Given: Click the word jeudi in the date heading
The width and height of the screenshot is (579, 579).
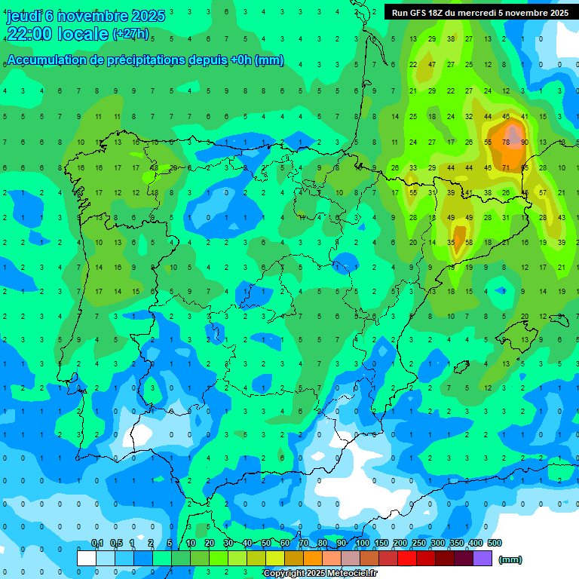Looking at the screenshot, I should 23,16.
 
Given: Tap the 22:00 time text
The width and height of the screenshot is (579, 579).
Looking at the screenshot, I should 29,34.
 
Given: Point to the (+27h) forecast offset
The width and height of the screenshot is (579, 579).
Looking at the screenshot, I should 130,34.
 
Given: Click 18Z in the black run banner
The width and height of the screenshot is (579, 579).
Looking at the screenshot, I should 437,13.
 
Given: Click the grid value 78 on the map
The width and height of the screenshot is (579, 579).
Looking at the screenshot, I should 506,142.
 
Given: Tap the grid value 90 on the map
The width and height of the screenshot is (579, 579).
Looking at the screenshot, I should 524,142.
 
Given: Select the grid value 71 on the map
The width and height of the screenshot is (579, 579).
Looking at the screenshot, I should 506,167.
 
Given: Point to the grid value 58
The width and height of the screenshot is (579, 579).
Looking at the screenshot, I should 469,243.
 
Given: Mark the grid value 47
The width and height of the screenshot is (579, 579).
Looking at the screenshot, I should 432,65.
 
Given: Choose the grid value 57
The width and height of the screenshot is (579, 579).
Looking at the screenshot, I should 543,192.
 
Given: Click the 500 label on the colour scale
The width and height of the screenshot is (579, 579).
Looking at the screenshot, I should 494,543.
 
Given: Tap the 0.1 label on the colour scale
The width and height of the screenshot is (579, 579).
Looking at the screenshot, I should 97,543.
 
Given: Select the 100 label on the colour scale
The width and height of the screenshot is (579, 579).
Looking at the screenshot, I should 362,543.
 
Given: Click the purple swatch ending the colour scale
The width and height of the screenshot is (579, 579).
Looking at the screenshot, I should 482,559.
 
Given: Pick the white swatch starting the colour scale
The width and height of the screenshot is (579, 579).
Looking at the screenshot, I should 87,559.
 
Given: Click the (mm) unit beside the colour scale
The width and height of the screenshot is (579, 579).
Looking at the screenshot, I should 510,559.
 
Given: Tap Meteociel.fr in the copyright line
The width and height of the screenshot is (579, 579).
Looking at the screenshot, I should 350,574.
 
